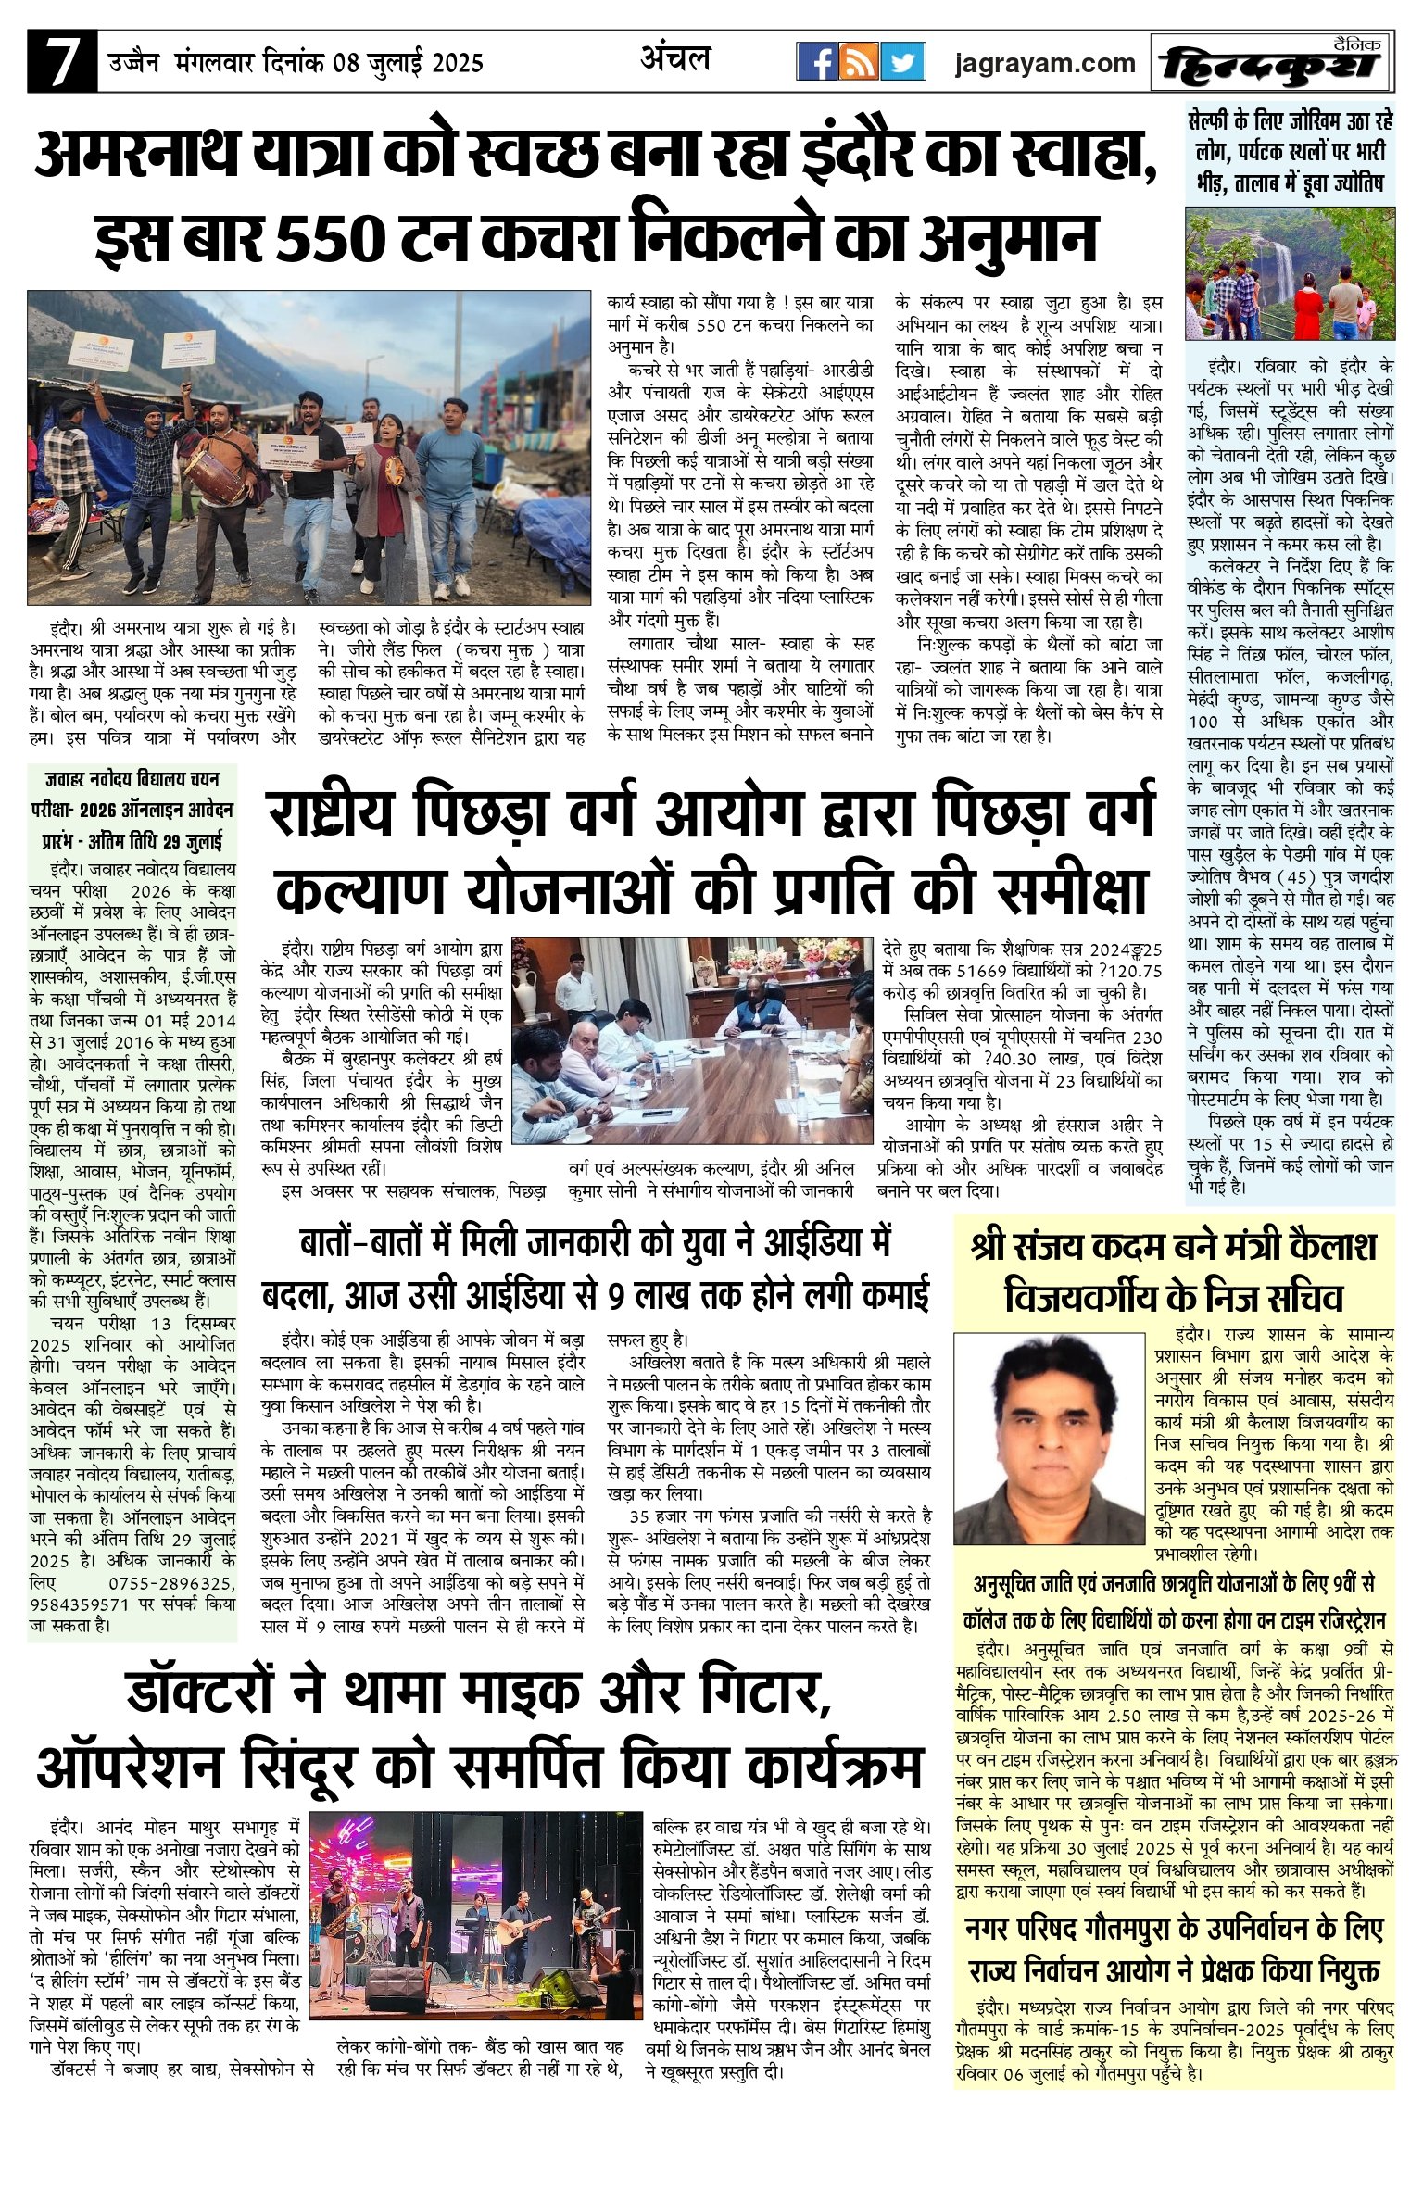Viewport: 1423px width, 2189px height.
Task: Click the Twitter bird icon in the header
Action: tap(902, 63)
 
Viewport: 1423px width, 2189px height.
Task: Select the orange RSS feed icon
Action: tap(860, 63)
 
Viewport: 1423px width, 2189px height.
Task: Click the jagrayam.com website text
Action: tap(1046, 63)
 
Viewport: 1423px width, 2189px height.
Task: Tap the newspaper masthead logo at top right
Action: tap(1272, 64)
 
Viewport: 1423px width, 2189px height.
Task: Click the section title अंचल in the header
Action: tap(675, 59)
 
